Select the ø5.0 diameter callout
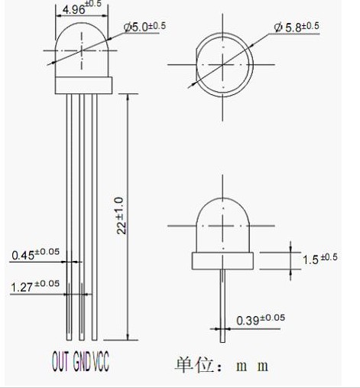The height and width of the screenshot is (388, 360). pos(144,27)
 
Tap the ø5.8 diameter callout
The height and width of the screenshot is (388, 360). pos(297,27)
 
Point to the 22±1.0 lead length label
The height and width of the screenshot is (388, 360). pos(122,216)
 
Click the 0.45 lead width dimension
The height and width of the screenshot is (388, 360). pos(35,254)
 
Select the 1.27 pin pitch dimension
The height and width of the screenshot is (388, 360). pos(35,286)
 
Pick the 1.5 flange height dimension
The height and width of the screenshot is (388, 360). pos(319,259)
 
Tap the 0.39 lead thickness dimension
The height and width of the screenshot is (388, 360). pos(261,320)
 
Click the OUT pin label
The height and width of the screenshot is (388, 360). pos(60,360)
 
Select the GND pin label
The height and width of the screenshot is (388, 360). pos(82,360)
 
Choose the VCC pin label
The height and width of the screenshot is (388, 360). pos(101,360)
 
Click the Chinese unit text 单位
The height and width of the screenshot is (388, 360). pos(194,365)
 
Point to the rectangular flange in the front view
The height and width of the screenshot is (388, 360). pos(83,85)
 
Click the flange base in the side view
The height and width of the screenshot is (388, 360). pos(222,261)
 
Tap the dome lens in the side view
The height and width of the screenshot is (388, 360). pos(222,225)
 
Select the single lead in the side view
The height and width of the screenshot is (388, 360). pos(222,306)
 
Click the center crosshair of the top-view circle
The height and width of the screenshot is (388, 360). pos(223,64)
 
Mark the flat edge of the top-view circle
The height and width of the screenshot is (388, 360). pos(196,64)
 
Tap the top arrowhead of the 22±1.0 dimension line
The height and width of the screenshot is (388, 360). pos(128,96)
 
